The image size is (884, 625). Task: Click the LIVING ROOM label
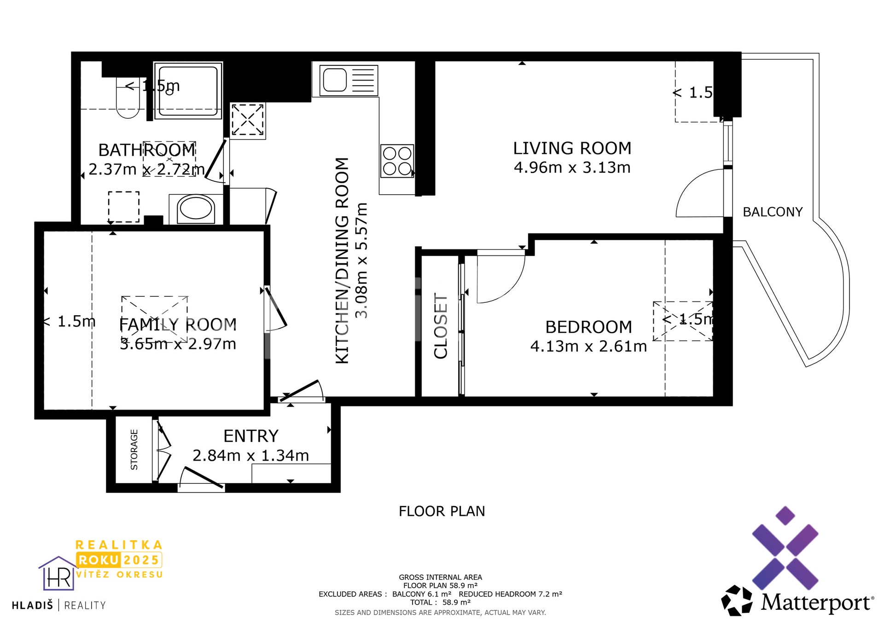(x=572, y=149)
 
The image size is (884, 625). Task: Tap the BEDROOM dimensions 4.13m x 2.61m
(x=588, y=346)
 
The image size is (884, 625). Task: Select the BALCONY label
(x=773, y=212)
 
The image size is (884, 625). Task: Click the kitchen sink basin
(x=335, y=80)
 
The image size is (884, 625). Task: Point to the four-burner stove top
(x=397, y=161)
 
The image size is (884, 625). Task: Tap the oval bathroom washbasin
(x=196, y=208)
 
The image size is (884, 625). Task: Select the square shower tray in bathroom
(x=188, y=91)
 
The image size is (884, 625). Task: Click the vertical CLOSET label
(x=441, y=325)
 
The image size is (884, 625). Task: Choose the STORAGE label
(x=134, y=450)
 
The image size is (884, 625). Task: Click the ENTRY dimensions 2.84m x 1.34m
(x=250, y=456)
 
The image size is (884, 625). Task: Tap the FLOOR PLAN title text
(x=442, y=511)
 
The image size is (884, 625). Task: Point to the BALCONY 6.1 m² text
(x=421, y=594)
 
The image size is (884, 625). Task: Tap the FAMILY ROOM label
(x=178, y=325)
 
